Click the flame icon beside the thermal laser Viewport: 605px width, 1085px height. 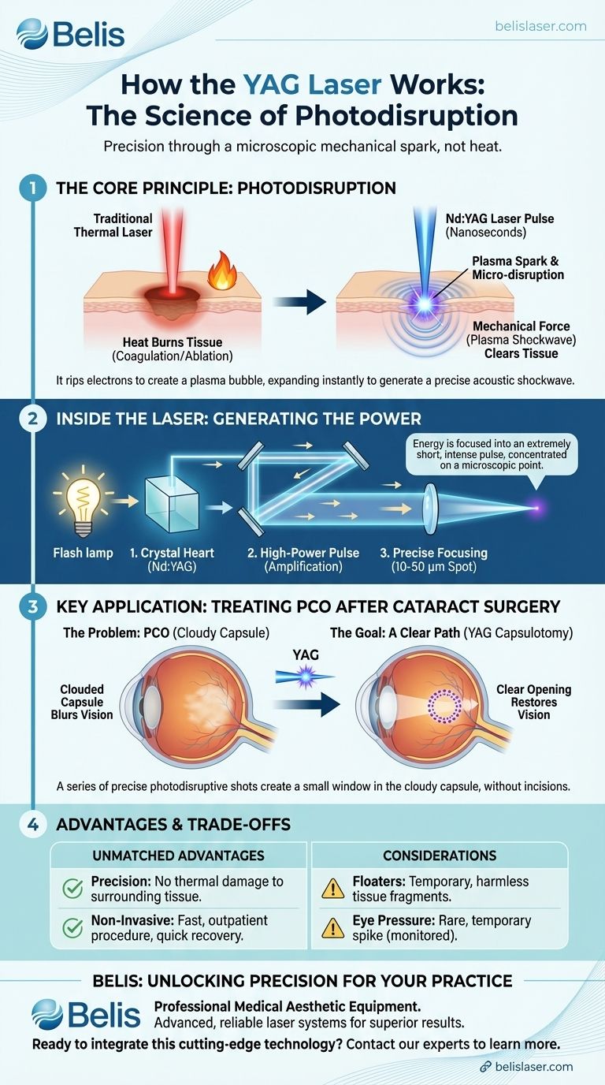tap(218, 275)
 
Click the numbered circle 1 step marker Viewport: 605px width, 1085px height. tap(32, 188)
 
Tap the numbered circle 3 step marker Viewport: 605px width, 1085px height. tap(32, 606)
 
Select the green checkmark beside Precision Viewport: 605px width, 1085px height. tap(72, 889)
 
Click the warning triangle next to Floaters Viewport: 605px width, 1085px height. tap(332, 889)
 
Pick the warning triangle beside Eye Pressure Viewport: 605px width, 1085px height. tap(332, 929)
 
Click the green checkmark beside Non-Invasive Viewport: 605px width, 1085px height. tap(72, 929)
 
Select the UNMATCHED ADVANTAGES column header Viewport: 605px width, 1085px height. tap(180, 856)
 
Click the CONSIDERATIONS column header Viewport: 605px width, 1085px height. tap(440, 856)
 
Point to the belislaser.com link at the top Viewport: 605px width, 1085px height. tap(540, 26)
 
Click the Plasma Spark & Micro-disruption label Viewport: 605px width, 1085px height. tap(518, 267)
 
